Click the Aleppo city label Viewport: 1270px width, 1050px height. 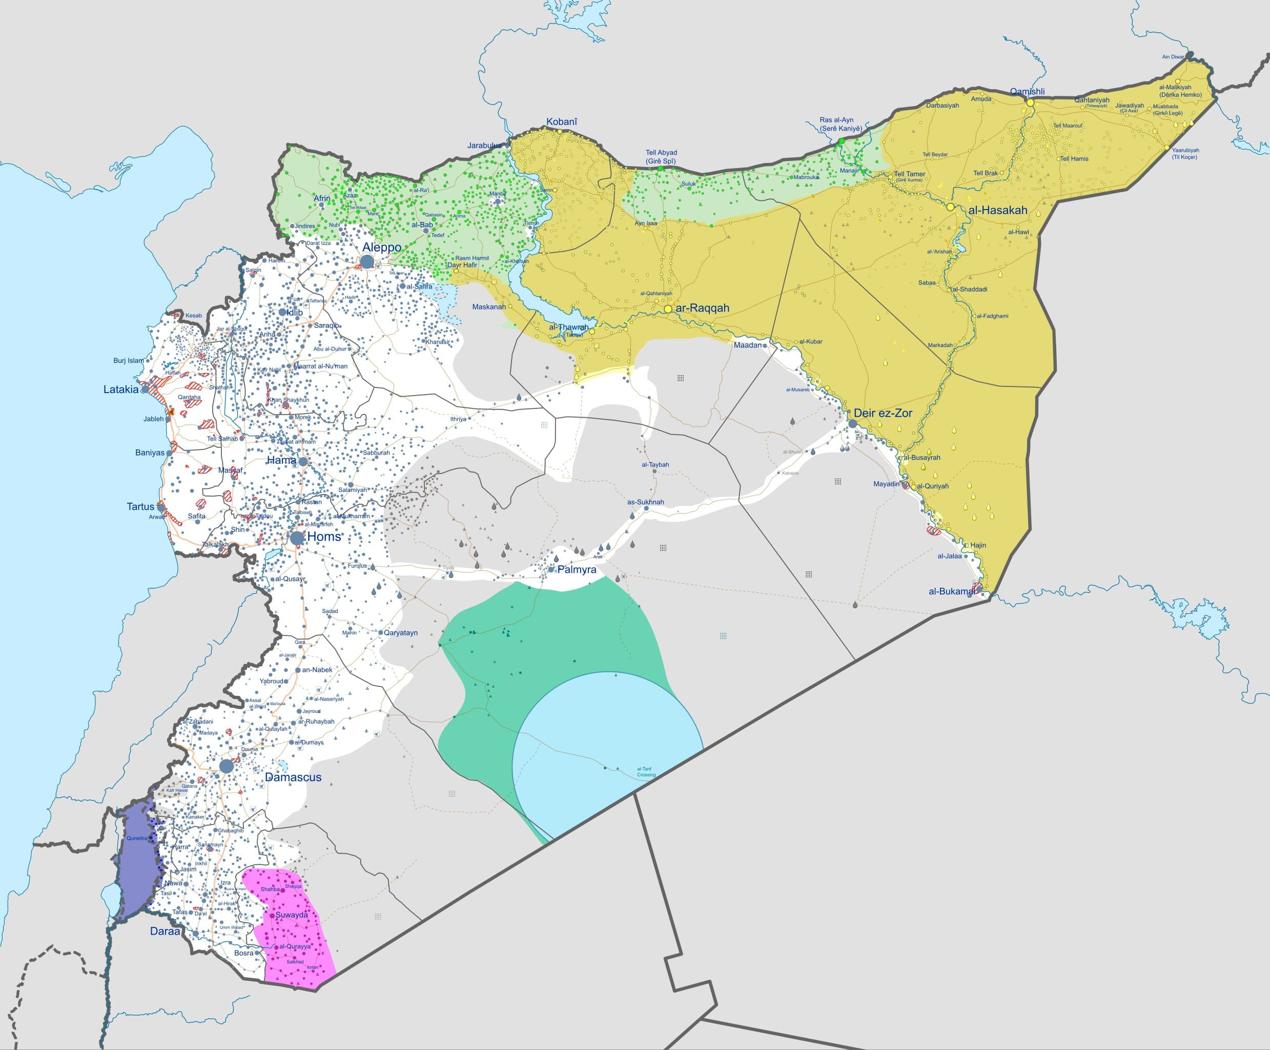(x=382, y=248)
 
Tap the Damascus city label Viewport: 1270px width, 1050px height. (x=293, y=777)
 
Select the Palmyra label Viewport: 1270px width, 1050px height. (x=577, y=570)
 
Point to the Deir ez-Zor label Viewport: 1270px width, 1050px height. (x=883, y=413)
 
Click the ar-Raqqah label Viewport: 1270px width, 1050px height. (x=702, y=308)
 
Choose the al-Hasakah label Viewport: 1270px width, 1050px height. (x=997, y=211)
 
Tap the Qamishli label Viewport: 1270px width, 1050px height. (x=1027, y=92)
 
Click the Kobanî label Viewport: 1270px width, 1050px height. (x=561, y=122)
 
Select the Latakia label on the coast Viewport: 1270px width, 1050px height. (x=121, y=389)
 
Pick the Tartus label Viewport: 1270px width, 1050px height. (x=140, y=507)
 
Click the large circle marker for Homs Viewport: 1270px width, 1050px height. (x=297, y=538)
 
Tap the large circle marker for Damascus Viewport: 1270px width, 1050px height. (x=226, y=766)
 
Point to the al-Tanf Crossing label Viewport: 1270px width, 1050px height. (x=645, y=772)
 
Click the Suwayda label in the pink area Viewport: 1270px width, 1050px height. (x=292, y=915)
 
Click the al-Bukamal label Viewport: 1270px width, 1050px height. (x=952, y=591)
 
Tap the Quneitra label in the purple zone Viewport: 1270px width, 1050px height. (x=137, y=838)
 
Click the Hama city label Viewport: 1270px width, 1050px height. (x=281, y=460)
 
